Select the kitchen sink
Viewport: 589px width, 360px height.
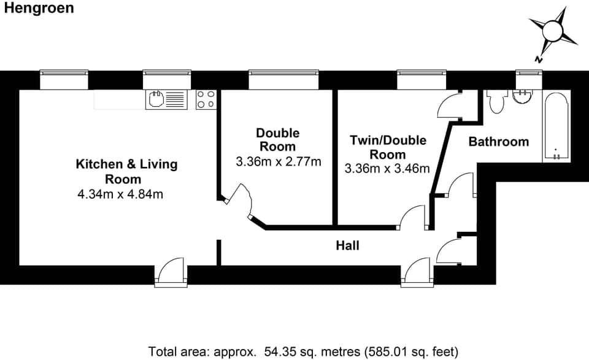pos(166,99)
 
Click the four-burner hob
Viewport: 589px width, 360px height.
pos(206,99)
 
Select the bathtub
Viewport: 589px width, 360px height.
pos(556,127)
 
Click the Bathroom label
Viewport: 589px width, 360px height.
pos(498,142)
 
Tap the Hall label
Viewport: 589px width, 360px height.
pos(347,246)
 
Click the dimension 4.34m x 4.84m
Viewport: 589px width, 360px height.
pos(120,195)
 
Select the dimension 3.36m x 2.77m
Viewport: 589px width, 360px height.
pos(278,162)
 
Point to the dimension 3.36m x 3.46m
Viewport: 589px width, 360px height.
pos(387,169)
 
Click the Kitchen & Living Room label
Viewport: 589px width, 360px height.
pos(126,172)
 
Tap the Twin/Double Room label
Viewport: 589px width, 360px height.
pos(388,147)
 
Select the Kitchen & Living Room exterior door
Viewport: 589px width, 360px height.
pos(169,272)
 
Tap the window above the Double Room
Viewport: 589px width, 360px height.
pos(284,80)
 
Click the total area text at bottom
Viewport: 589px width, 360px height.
pos(303,351)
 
